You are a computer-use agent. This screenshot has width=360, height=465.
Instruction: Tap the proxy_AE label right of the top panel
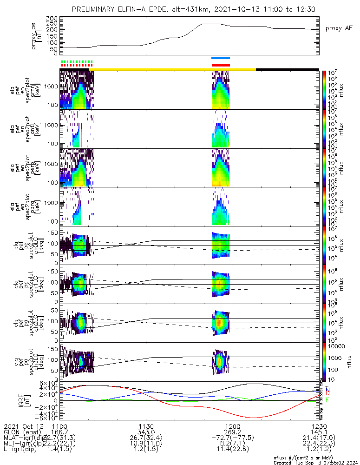340,28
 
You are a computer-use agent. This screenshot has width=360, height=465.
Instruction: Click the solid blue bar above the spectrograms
221,58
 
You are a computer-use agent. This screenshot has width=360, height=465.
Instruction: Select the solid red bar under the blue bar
221,66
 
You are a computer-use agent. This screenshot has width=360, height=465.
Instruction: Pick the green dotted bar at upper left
77,61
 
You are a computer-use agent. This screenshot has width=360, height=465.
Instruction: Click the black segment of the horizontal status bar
287,69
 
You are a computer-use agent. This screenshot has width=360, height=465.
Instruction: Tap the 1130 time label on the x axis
146,426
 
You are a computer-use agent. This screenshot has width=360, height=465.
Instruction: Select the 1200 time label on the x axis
232,426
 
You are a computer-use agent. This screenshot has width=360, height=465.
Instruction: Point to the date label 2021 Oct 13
23,426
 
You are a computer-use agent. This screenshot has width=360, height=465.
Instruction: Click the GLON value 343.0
146,432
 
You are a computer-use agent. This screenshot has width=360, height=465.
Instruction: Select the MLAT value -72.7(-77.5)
232,438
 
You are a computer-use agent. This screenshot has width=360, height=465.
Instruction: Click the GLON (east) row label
23,432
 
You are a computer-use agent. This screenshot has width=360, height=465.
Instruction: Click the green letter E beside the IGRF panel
327,400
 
